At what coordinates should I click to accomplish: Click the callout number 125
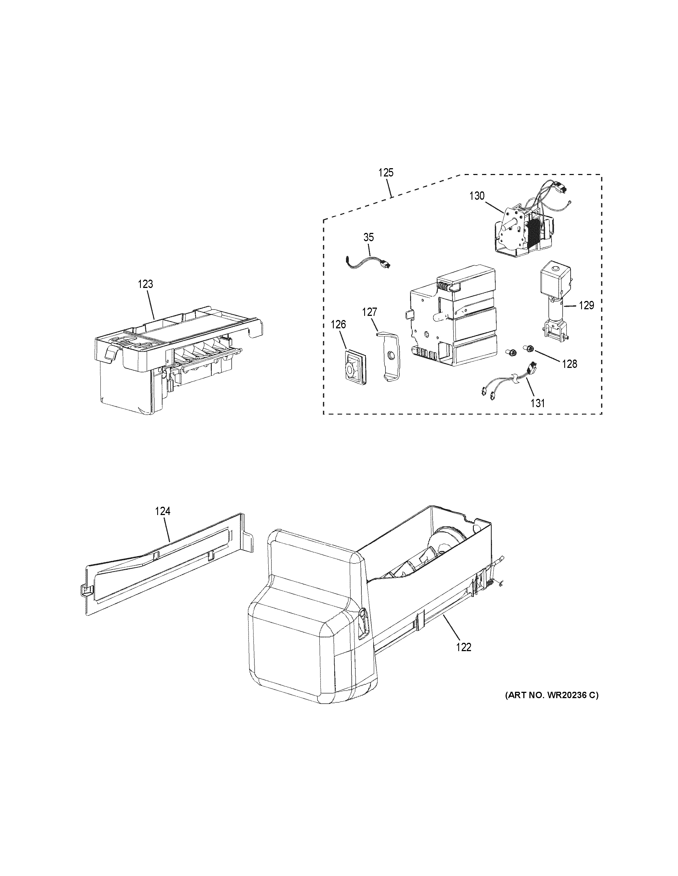click(386, 173)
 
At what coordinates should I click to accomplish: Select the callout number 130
click(477, 196)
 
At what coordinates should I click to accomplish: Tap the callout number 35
click(368, 237)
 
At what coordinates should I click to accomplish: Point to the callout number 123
click(145, 284)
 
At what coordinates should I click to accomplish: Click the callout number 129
click(586, 305)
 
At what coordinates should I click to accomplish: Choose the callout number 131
click(538, 403)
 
